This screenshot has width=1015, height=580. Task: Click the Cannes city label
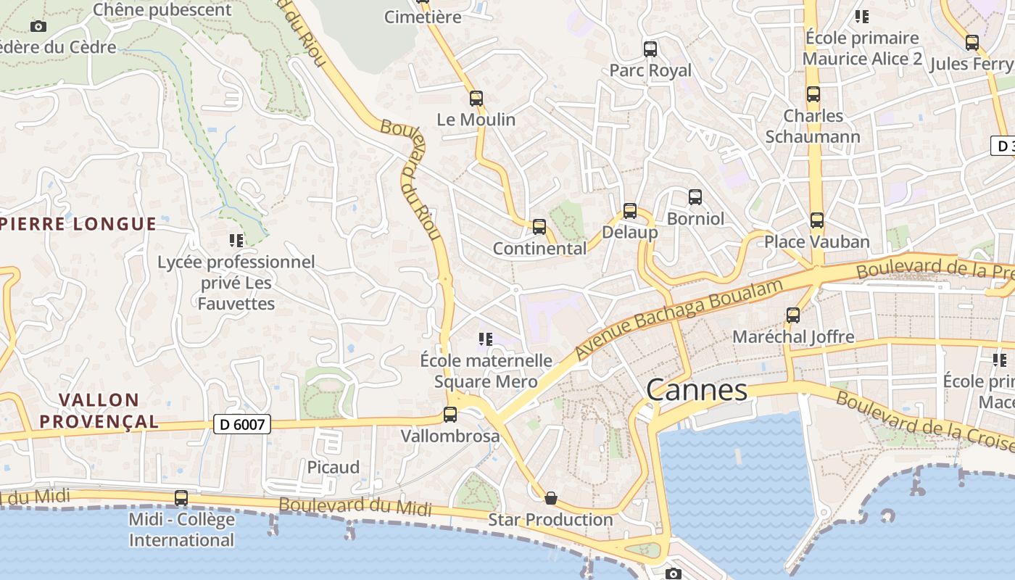[x=696, y=390]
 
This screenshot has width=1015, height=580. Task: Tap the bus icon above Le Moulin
[x=476, y=98]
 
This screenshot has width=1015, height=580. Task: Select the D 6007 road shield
[x=242, y=424]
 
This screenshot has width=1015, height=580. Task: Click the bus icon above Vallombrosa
[x=450, y=415]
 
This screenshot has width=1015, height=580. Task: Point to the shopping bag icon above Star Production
[x=551, y=498]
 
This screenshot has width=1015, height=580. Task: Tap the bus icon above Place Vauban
[x=817, y=220]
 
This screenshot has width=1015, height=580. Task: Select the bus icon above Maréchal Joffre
[x=793, y=315]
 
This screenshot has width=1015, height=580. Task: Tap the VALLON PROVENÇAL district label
[x=99, y=410]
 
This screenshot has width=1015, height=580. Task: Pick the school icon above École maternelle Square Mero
[x=486, y=339]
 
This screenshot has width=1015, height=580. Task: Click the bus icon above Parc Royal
[x=650, y=49]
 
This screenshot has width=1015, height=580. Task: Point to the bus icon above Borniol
[x=695, y=196]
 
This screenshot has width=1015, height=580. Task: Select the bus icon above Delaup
[x=630, y=211]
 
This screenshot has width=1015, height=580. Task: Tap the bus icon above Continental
[x=539, y=227]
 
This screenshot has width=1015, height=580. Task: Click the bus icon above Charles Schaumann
[x=813, y=94]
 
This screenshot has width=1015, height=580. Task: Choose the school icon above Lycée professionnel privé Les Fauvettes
[x=236, y=240]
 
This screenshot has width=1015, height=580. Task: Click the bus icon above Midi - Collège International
[x=181, y=498]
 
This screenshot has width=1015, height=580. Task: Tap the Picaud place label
[x=333, y=467]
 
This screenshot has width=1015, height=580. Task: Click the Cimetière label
[x=423, y=17]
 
